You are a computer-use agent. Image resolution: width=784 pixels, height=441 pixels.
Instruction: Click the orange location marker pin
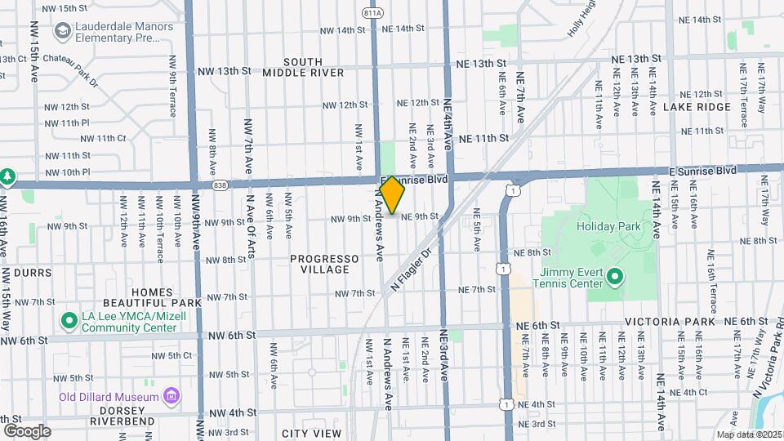click(392, 194)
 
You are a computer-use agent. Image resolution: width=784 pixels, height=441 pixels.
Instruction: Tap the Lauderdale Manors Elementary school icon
click(62, 31)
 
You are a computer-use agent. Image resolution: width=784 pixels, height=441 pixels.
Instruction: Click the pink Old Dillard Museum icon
click(171, 397)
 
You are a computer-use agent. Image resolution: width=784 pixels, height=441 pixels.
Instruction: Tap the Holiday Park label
click(606, 226)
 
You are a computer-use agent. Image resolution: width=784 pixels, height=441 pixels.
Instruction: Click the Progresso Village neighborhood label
click(324, 264)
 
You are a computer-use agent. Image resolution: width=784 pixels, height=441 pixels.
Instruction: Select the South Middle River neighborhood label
click(303, 67)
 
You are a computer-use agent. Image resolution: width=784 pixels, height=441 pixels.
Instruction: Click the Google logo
click(27, 430)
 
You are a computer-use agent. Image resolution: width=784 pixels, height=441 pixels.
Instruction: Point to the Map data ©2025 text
click(749, 434)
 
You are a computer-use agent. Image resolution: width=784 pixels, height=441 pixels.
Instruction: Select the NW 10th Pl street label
click(68, 172)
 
